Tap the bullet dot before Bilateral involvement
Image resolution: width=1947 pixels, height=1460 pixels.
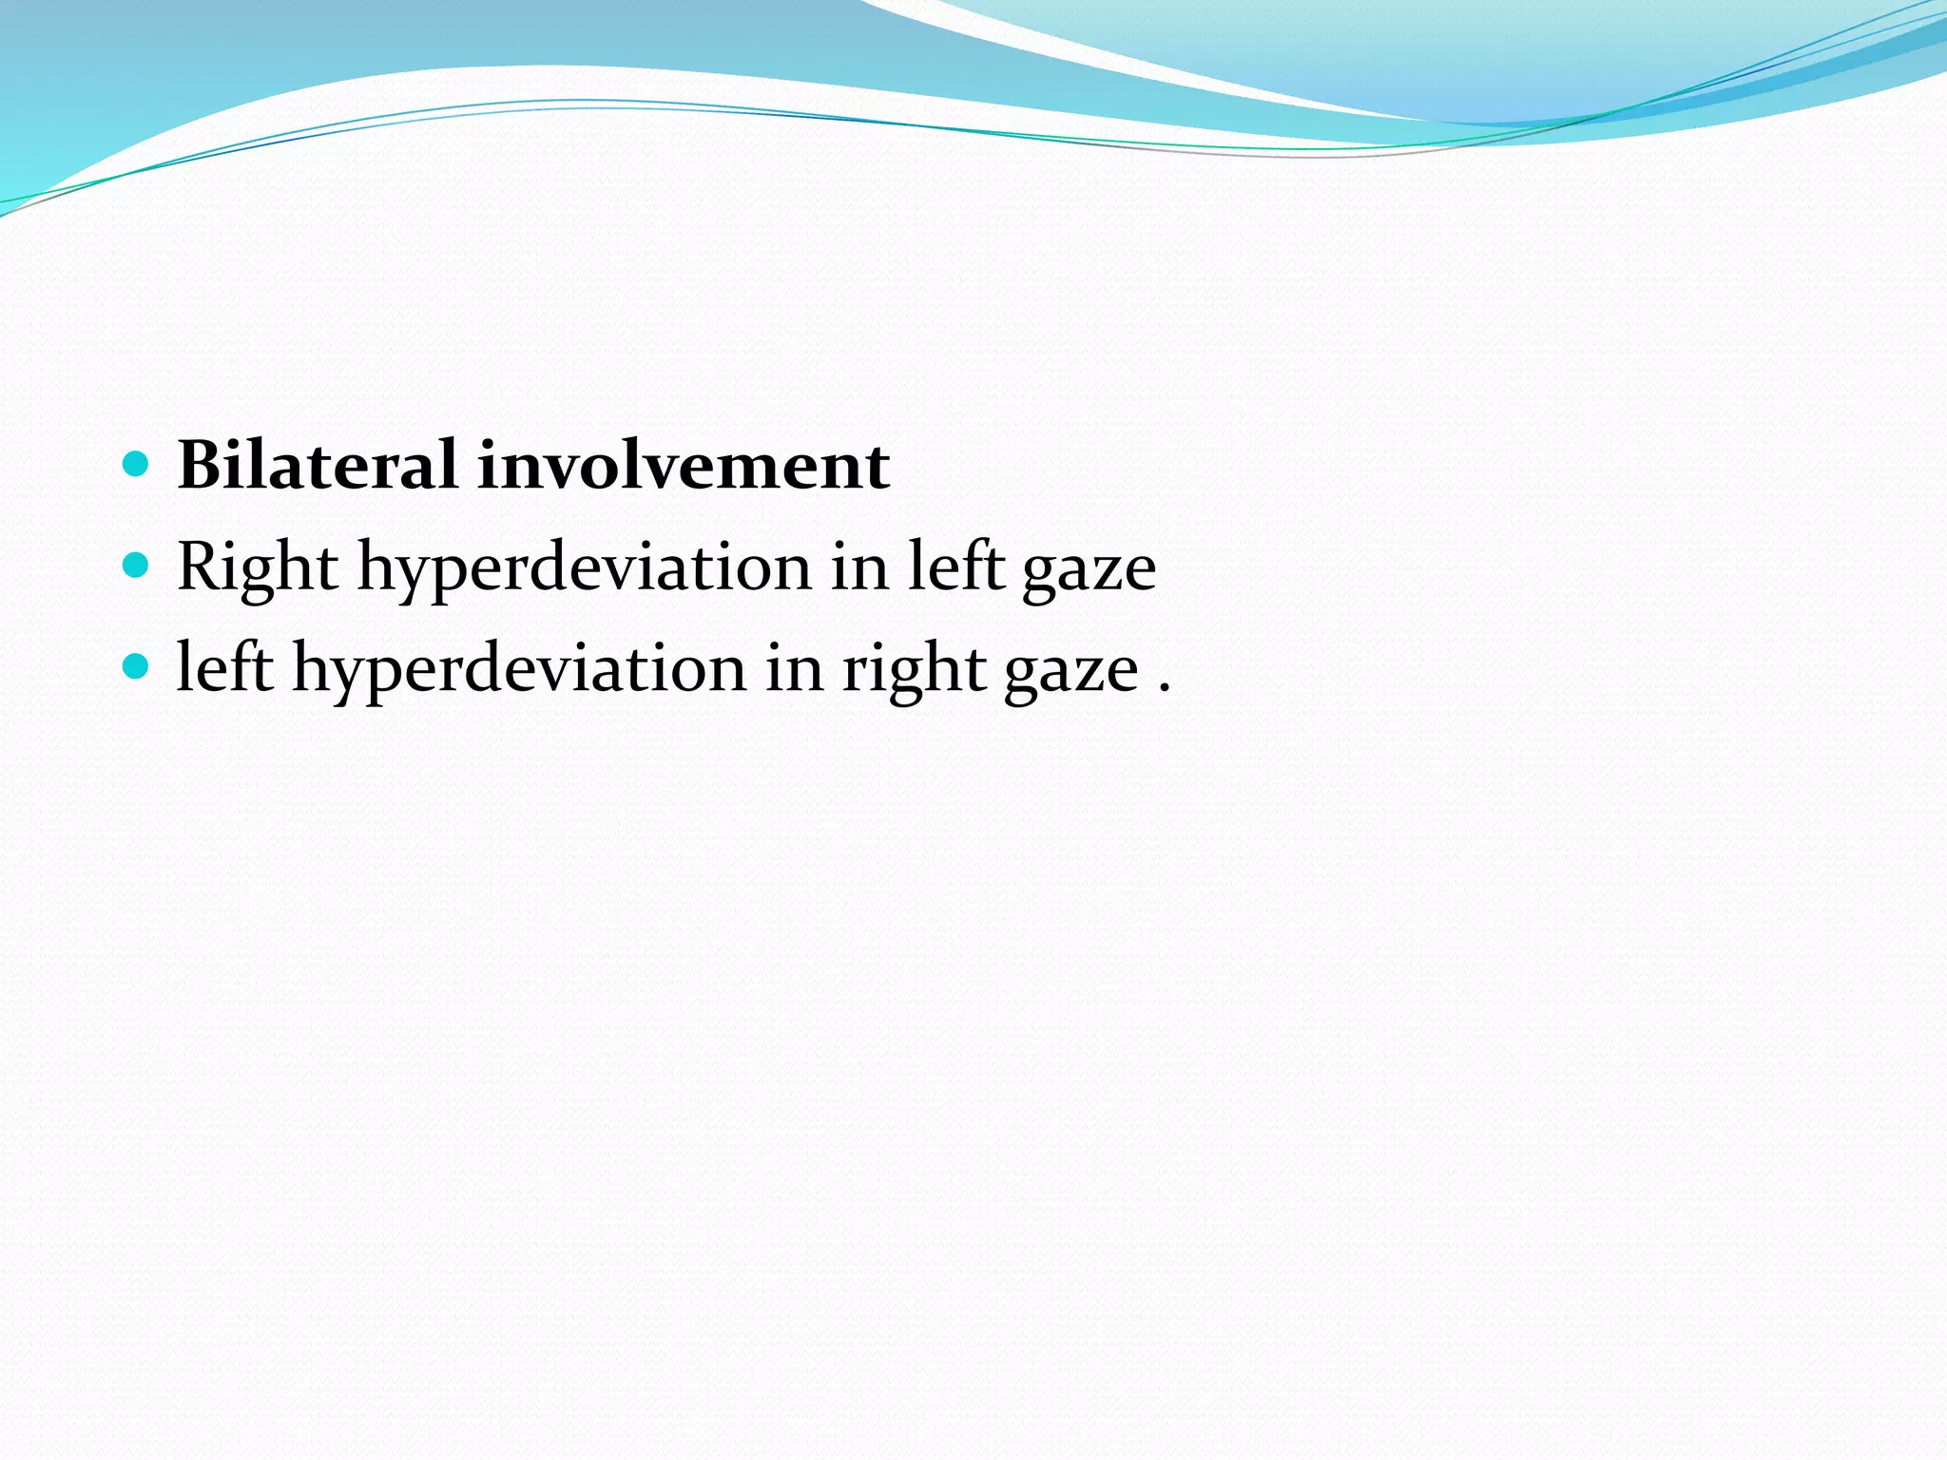click(x=137, y=464)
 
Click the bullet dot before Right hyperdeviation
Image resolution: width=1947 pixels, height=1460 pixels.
click(x=137, y=566)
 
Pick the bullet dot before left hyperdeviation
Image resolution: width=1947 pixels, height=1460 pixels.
click(x=137, y=666)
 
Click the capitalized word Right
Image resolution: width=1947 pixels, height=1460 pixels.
click(x=258, y=567)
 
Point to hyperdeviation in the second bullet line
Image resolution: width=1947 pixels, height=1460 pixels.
click(x=584, y=567)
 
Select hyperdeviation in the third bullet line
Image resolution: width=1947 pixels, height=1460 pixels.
click(x=519, y=668)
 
